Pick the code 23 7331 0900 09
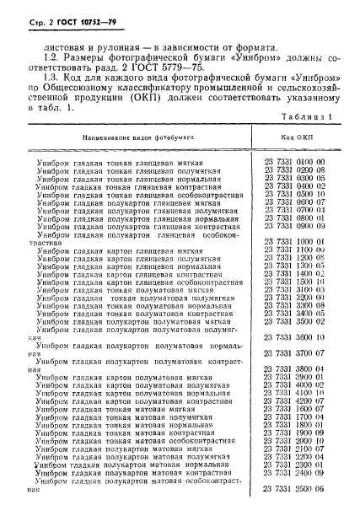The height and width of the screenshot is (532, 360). (x=298, y=226)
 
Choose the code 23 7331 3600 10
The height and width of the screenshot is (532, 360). (x=298, y=361)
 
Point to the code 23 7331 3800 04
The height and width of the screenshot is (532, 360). (x=298, y=393)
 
